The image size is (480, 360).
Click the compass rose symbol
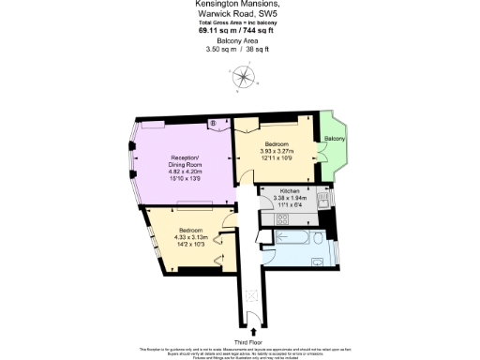click(x=240, y=79)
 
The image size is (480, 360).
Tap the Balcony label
click(x=335, y=139)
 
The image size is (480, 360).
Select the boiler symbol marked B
click(x=212, y=123)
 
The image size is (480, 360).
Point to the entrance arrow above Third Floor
click(x=251, y=322)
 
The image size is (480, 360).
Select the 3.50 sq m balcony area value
click(x=223, y=49)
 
